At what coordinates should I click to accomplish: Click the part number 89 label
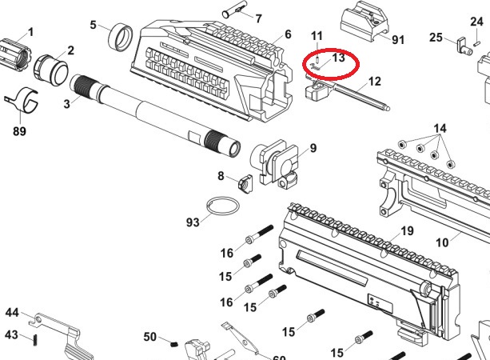click(x=19, y=131)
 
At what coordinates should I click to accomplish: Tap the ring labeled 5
click(x=121, y=38)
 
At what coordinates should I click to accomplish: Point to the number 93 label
click(x=193, y=222)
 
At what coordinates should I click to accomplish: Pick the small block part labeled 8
click(x=245, y=184)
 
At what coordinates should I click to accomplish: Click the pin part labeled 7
click(x=233, y=13)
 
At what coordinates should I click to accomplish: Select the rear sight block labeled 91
click(x=364, y=22)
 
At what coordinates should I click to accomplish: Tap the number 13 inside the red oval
click(x=338, y=58)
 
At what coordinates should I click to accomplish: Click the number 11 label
click(x=317, y=36)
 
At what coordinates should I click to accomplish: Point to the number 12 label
click(x=375, y=82)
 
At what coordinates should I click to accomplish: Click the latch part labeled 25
click(x=464, y=46)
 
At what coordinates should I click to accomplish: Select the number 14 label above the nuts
click(x=440, y=129)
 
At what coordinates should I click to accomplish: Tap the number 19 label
click(x=407, y=231)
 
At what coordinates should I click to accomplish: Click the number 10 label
click(x=442, y=242)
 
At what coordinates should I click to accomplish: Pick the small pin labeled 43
click(x=35, y=340)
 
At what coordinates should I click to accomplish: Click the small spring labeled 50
click(x=175, y=344)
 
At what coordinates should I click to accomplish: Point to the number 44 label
click(x=12, y=313)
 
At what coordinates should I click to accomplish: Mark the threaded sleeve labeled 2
click(x=50, y=69)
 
